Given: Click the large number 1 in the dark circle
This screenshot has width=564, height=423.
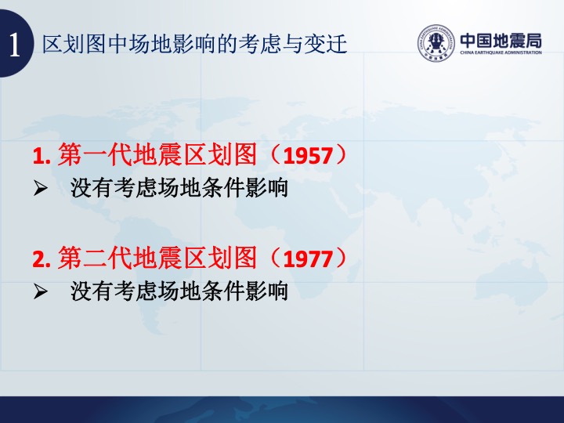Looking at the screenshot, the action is (14, 45).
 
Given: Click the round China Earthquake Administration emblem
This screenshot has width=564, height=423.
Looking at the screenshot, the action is (436, 43).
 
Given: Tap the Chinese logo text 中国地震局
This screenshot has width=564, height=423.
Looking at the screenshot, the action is (501, 40).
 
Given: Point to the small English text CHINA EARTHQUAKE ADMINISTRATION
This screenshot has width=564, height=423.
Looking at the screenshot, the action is (501, 52).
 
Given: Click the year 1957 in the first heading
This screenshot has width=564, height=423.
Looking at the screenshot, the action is (308, 156).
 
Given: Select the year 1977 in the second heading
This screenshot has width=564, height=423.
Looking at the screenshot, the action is (308, 258).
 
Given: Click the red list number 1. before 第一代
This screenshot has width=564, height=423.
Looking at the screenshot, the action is (42, 156).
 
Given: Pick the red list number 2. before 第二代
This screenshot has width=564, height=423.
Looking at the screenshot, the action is (42, 258).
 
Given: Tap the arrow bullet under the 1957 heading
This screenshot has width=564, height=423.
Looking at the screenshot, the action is (40, 188).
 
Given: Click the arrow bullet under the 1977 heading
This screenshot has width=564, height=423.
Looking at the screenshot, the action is (40, 291).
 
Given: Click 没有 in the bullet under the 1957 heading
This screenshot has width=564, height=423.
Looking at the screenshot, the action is (92, 188).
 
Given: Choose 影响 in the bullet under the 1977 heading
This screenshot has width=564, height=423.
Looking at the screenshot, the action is (266, 291).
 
